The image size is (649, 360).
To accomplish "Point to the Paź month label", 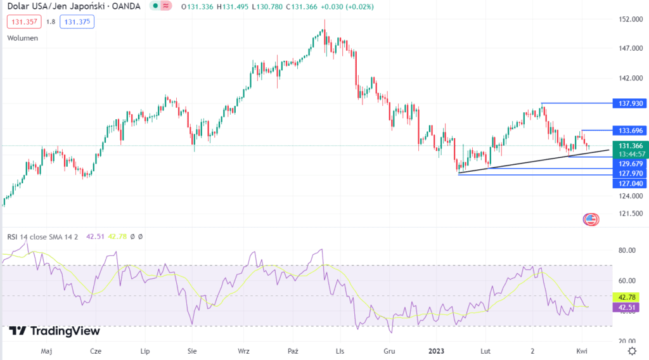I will click(x=293, y=350).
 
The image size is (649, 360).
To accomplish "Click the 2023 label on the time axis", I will click(x=437, y=350).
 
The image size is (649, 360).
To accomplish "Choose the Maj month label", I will click(x=46, y=350).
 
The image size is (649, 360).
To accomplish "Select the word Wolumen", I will click(x=22, y=38).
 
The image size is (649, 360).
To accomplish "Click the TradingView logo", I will click(x=55, y=331).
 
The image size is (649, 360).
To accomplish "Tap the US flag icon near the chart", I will click(x=590, y=220).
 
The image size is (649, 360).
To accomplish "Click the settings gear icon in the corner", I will click(x=631, y=350).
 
